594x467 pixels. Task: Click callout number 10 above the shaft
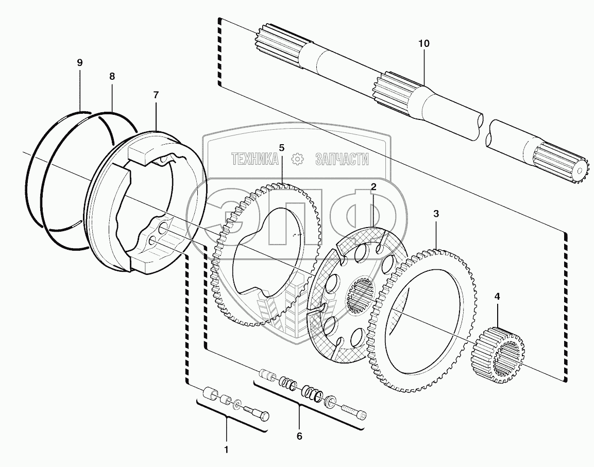(423, 44)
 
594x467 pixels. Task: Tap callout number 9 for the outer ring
(79, 63)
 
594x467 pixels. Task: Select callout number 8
(112, 76)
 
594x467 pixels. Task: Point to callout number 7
(156, 95)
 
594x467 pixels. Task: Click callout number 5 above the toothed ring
(281, 148)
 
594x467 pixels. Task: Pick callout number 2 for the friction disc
(374, 187)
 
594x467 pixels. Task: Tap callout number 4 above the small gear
(497, 296)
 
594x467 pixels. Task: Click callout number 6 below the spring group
(299, 436)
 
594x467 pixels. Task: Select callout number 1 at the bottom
(226, 449)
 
